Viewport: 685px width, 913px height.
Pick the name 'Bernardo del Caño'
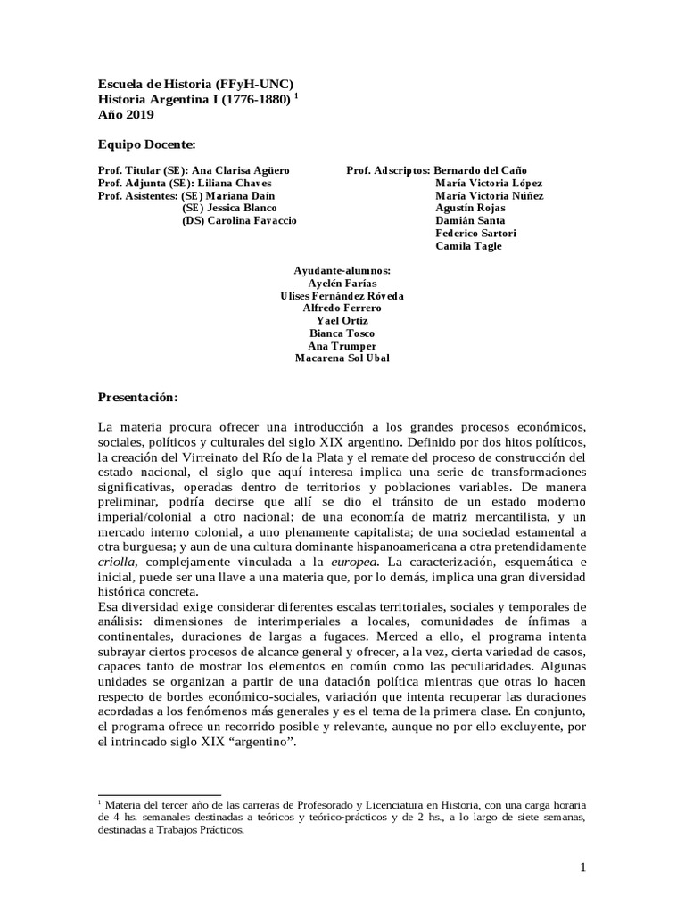(x=481, y=169)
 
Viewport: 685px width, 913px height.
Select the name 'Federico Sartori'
(x=475, y=233)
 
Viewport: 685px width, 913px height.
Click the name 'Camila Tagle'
(x=468, y=245)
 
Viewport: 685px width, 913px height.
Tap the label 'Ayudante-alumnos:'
(x=342, y=270)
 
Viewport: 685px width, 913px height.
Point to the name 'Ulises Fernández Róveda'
(x=342, y=295)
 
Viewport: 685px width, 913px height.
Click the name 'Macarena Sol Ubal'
(x=342, y=358)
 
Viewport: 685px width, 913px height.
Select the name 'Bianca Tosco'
(x=342, y=333)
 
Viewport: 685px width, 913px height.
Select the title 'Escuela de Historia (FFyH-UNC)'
(x=195, y=83)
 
